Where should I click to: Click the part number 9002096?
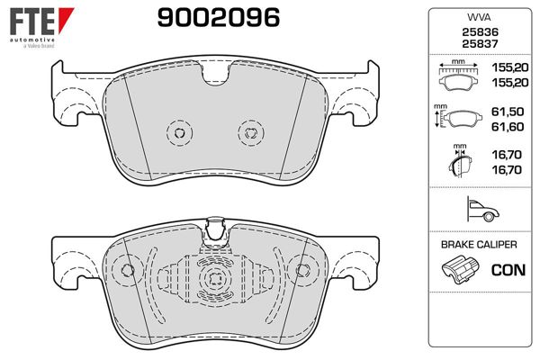click(219, 18)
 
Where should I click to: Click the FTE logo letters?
click(32, 22)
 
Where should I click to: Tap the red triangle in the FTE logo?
click(66, 20)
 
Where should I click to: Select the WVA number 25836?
click(480, 32)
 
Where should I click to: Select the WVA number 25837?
click(480, 44)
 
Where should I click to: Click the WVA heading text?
click(479, 17)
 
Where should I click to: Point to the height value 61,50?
click(508, 112)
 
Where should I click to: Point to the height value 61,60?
click(508, 127)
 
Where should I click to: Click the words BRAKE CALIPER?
click(479, 245)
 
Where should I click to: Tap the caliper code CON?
click(508, 270)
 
